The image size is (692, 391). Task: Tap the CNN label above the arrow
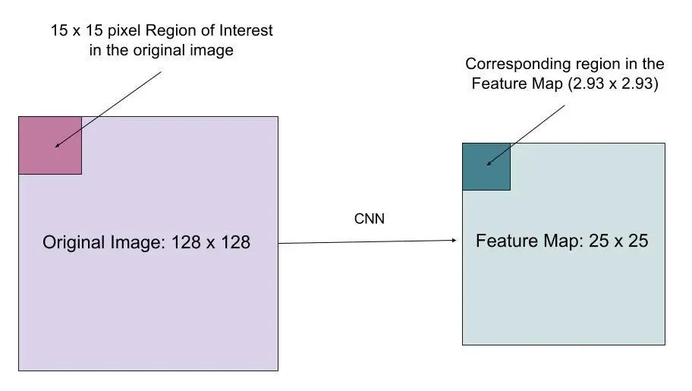point(370,219)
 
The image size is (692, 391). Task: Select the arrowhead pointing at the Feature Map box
point(454,241)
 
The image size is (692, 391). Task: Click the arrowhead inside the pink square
point(57,144)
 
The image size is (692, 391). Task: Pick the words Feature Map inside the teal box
point(523,241)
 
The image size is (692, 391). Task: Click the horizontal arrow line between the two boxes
point(364,242)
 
